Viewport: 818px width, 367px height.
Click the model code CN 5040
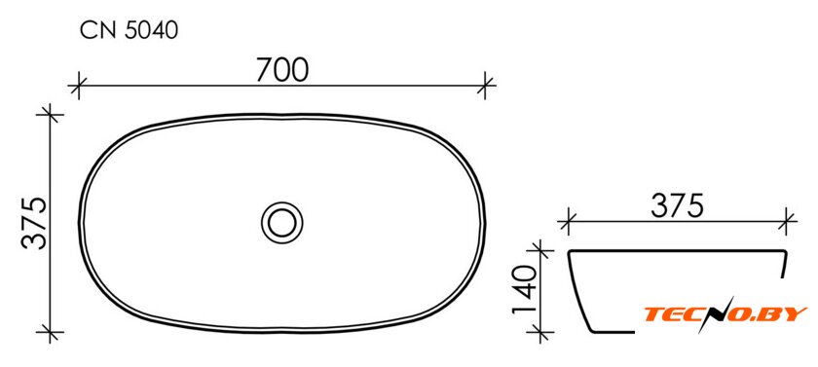coord(129,31)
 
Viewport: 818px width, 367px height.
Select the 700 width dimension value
coord(282,70)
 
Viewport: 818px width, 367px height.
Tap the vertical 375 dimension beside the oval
coord(34,223)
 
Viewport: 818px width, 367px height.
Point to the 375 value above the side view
coord(678,206)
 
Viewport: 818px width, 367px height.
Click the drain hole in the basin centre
coord(282,223)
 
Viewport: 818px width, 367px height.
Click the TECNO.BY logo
coord(725,313)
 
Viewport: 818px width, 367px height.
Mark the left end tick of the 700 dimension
coord(78,85)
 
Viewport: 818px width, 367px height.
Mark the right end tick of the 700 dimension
coord(485,85)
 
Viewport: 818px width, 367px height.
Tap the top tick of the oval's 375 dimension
coord(50,114)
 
